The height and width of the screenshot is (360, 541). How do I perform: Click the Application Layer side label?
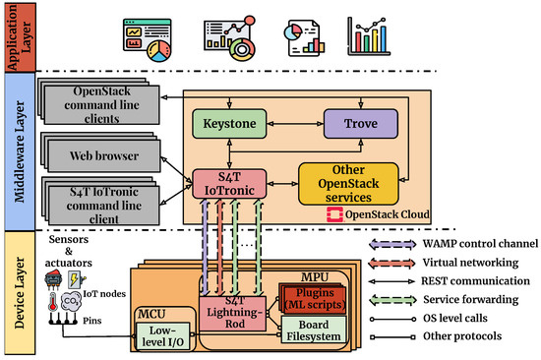pyautogui.click(x=15, y=36)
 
